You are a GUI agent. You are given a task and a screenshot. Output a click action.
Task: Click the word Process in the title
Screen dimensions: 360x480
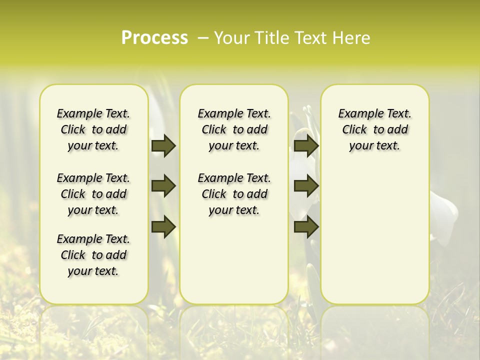(154, 38)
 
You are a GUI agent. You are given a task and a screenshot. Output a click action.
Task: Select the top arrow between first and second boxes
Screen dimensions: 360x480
(163, 146)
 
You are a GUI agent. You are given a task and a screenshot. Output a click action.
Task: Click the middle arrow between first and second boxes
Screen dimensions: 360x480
(163, 186)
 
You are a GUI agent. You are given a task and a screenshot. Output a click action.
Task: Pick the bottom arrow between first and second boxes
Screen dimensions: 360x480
(163, 227)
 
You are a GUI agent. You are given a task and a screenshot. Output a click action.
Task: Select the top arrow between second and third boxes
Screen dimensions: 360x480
(306, 146)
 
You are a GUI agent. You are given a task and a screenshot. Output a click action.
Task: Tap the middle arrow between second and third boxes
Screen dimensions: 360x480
(306, 186)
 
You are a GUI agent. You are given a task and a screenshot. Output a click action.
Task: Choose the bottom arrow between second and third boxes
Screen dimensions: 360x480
(306, 227)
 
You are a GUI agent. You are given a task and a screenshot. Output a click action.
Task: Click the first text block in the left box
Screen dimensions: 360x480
(93, 129)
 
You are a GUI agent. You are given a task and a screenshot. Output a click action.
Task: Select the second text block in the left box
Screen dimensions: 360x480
(93, 194)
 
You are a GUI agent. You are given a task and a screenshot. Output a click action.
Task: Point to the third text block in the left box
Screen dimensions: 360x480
(93, 255)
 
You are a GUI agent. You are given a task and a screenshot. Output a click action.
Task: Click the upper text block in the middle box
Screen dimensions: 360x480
(234, 129)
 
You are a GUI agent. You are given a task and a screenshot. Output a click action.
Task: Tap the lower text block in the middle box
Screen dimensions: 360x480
(234, 194)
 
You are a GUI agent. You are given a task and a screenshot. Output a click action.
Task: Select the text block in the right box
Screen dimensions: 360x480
(374, 129)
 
